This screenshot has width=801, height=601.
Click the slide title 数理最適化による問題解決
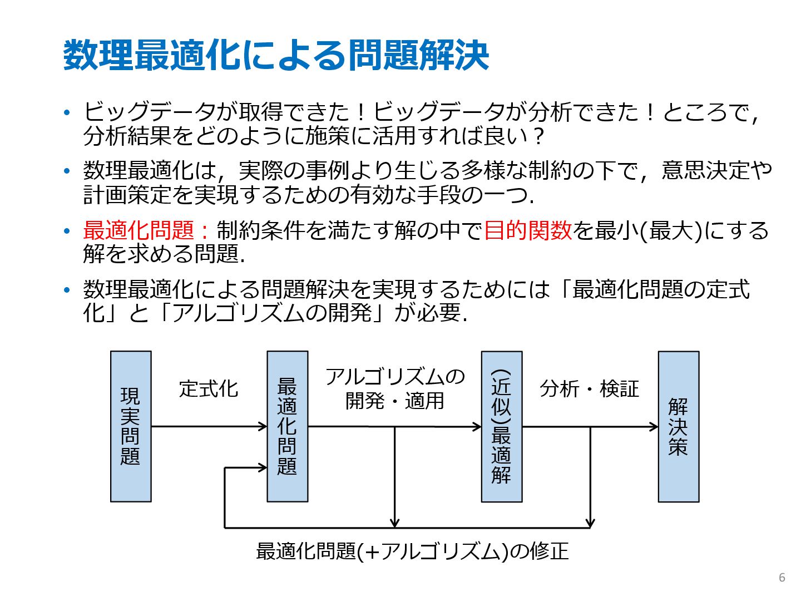click(276, 56)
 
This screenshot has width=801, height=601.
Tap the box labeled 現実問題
click(131, 426)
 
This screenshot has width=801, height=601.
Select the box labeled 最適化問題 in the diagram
click(287, 426)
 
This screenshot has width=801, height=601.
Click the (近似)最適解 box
click(501, 426)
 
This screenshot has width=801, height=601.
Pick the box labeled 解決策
click(678, 426)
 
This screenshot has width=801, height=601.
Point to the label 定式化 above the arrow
click(209, 389)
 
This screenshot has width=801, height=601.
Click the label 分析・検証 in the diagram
click(589, 389)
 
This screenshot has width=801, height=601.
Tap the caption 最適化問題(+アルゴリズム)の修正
click(412, 551)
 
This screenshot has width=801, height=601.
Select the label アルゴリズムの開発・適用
click(394, 388)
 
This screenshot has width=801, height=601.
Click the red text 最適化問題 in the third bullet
click(139, 230)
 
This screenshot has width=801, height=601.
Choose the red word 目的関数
click(528, 230)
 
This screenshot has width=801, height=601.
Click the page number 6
click(782, 577)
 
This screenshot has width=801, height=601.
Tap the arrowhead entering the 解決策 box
click(654, 427)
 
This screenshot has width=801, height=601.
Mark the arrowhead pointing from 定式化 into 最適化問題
click(263, 427)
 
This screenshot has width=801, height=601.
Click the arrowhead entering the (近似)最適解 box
click(477, 427)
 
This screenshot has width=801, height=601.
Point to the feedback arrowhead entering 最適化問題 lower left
click(263, 467)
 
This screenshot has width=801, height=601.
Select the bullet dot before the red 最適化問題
click(67, 230)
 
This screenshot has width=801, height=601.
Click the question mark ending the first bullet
click(537, 136)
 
